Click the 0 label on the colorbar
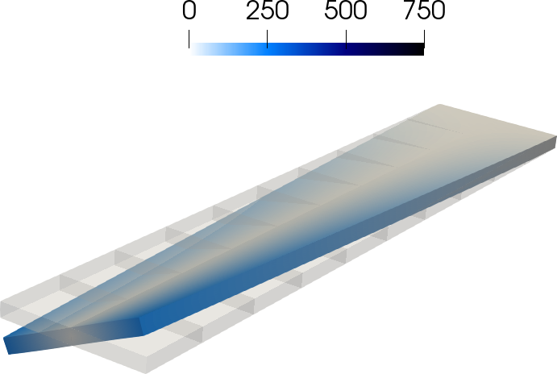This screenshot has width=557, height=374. click(189, 10)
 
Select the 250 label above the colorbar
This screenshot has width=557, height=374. click(267, 10)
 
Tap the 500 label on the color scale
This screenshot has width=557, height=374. click(346, 10)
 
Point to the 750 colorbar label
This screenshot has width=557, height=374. click(424, 10)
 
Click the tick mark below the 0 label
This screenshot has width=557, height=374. click(189, 39)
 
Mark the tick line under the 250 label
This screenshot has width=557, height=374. click(267, 39)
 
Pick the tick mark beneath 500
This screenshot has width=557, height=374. click(346, 39)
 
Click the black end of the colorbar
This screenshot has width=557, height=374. click(422, 49)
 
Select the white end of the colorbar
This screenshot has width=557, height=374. click(192, 49)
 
